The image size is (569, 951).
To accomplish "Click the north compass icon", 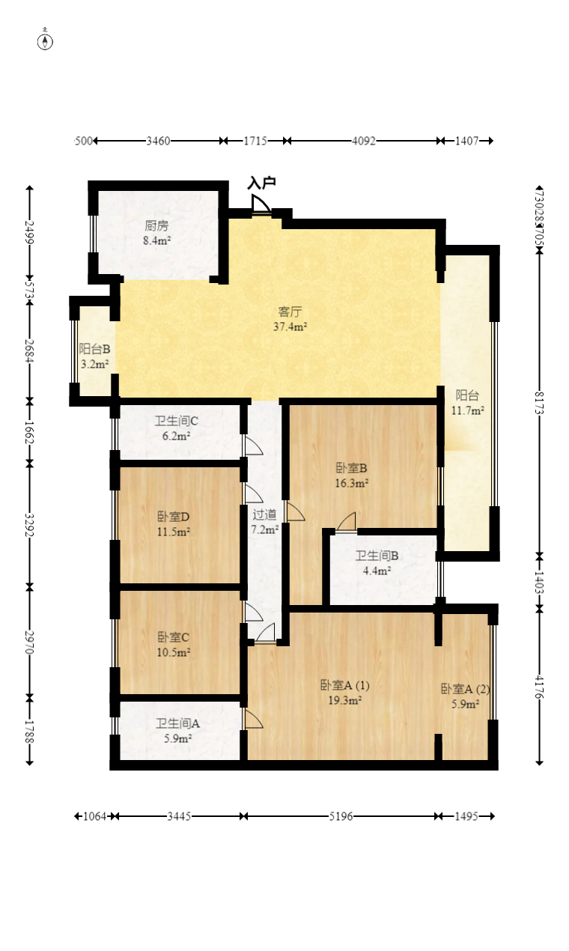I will tap(46, 40).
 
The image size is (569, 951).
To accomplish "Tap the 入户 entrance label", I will tap(262, 183).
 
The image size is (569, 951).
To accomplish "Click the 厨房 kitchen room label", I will tap(156, 225).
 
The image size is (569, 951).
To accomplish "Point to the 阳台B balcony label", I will tap(95, 348).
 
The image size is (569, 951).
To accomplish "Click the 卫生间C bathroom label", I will tap(177, 420).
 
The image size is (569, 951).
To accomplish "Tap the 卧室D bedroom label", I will tap(173, 517).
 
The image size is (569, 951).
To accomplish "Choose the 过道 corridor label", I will tap(264, 514).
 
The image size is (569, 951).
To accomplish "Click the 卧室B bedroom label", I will tap(351, 468).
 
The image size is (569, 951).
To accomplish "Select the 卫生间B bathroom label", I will tap(377, 556).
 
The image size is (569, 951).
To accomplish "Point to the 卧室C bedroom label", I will tap(173, 637).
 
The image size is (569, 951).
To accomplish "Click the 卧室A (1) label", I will tap(344, 685).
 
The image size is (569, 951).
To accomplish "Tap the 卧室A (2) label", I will tap(465, 689).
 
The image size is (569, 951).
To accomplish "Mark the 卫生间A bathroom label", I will tap(177, 723).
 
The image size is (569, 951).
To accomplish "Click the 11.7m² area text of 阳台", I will tap(468, 410).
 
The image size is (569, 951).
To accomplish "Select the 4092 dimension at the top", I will tap(364, 141).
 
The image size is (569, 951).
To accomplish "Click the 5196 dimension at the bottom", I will tap(341, 816).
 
